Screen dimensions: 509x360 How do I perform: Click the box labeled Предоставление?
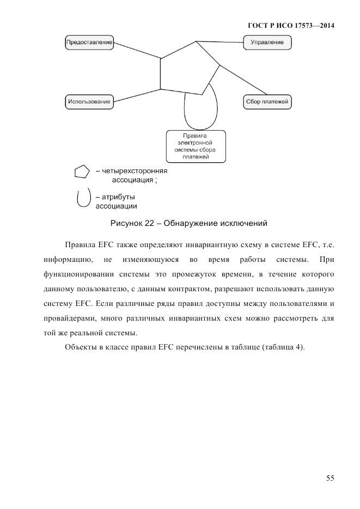[89, 42]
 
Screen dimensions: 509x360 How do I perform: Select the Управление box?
[267, 42]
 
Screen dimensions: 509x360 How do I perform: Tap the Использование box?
[89, 101]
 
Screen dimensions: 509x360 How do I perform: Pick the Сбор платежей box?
[267, 101]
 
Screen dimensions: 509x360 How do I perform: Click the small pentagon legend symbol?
[82, 172]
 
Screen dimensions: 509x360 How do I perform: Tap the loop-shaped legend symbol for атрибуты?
[83, 198]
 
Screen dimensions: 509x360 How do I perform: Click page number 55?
[330, 478]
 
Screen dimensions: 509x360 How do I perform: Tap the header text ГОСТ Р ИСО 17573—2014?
[291, 25]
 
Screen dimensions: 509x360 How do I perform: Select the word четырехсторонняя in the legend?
[131, 170]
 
